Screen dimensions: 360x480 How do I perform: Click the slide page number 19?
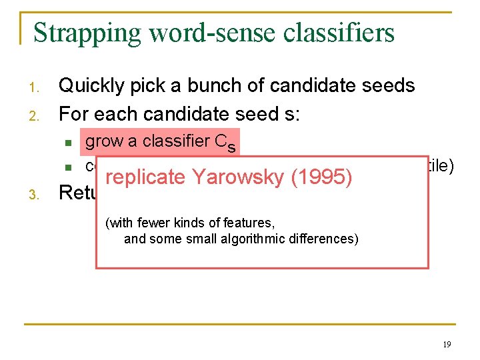(446, 344)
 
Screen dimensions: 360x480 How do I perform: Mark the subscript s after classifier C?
(231, 147)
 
